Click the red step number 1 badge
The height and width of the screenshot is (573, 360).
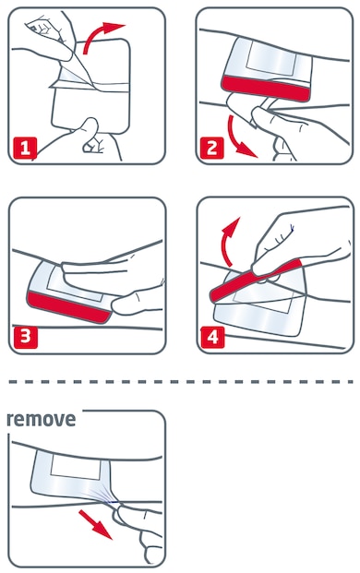tap(27, 145)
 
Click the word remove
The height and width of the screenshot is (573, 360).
tap(41, 419)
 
